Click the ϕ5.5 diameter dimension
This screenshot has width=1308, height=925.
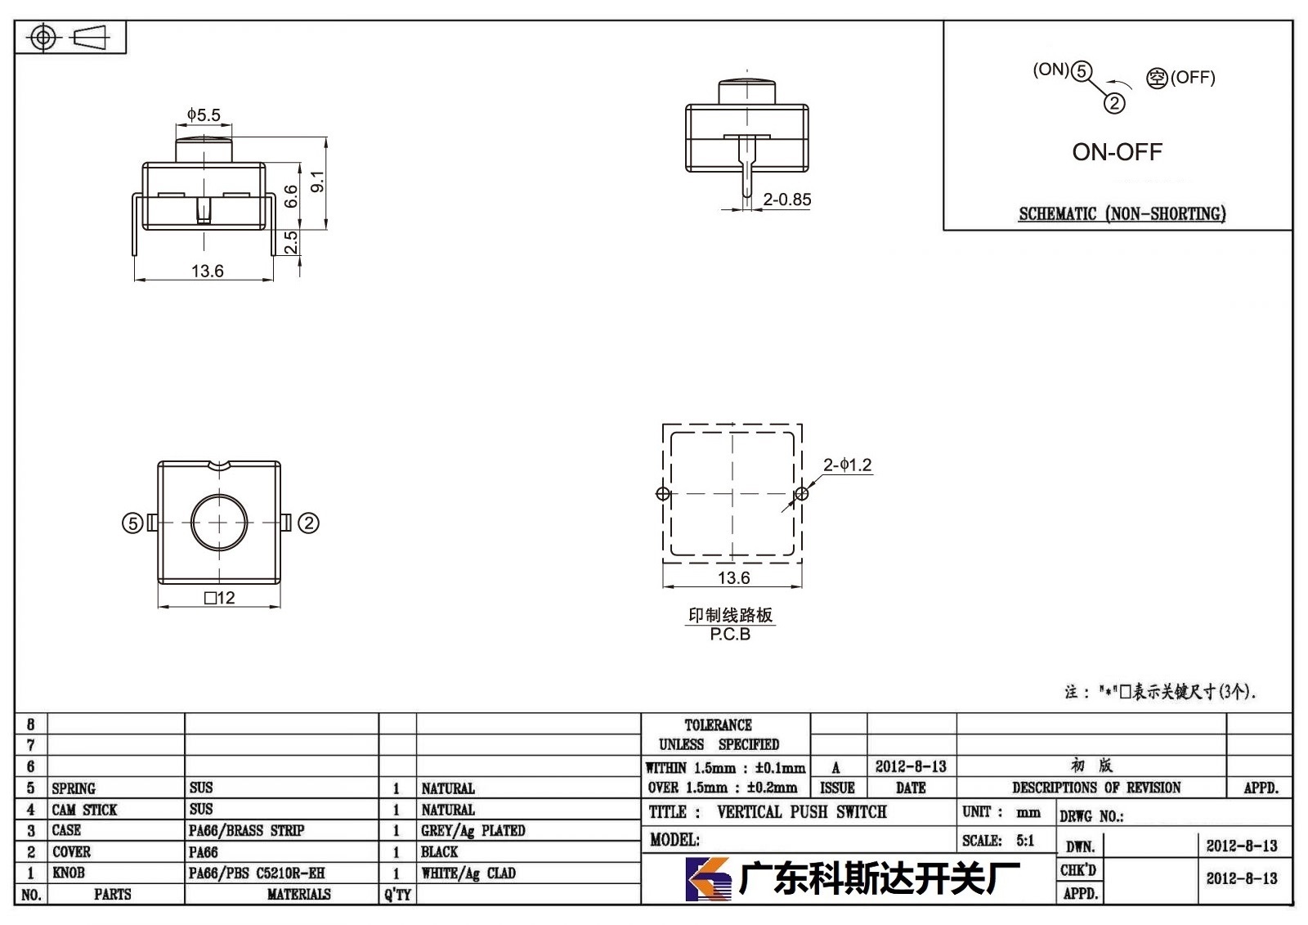[204, 115]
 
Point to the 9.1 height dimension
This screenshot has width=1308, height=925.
[317, 182]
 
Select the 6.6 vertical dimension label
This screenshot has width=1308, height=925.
[291, 195]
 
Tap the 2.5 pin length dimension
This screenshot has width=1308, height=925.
[291, 242]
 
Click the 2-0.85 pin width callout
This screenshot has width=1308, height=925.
[787, 200]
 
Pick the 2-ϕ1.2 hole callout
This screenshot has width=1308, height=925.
[847, 465]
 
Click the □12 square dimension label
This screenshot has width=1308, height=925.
[220, 598]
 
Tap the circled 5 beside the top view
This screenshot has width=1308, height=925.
[132, 523]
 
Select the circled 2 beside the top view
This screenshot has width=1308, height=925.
[308, 523]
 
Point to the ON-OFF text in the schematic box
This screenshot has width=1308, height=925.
[1117, 152]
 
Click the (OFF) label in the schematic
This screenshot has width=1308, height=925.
[1193, 78]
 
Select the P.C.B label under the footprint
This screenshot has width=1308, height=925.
[730, 634]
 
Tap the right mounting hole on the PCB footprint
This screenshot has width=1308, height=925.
[802, 494]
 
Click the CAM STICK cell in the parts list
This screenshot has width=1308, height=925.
[84, 810]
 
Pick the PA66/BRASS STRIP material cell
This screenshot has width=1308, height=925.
[246, 831]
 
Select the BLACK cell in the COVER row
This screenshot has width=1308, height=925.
[439, 852]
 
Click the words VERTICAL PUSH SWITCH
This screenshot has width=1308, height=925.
[802, 812]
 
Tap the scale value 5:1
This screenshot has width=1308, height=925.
[1025, 841]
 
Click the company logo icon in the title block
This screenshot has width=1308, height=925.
[707, 879]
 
